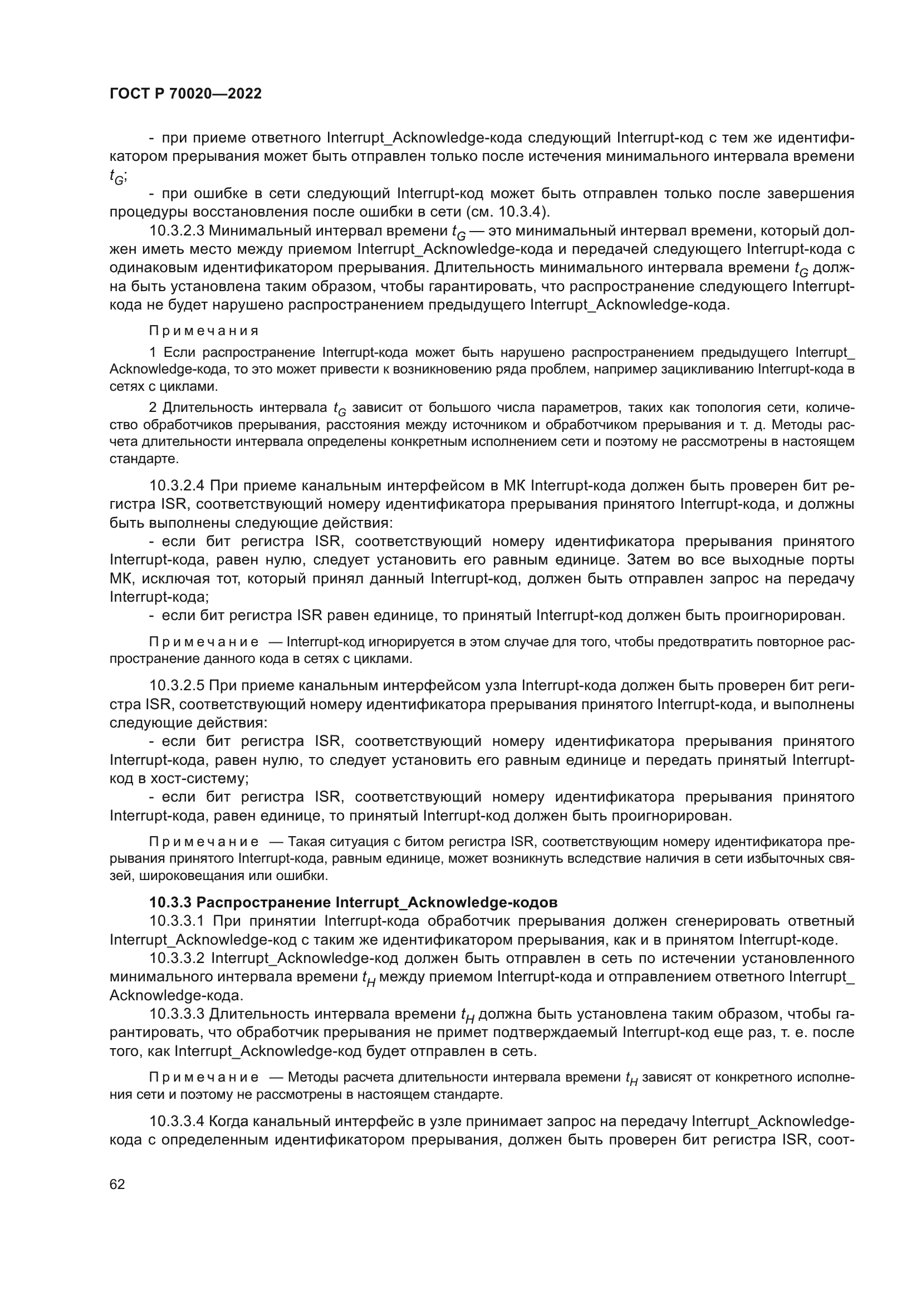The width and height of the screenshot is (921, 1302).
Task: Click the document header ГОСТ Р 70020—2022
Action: pyautogui.click(x=185, y=94)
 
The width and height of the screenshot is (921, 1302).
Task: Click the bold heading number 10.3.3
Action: pyautogui.click(x=171, y=902)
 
